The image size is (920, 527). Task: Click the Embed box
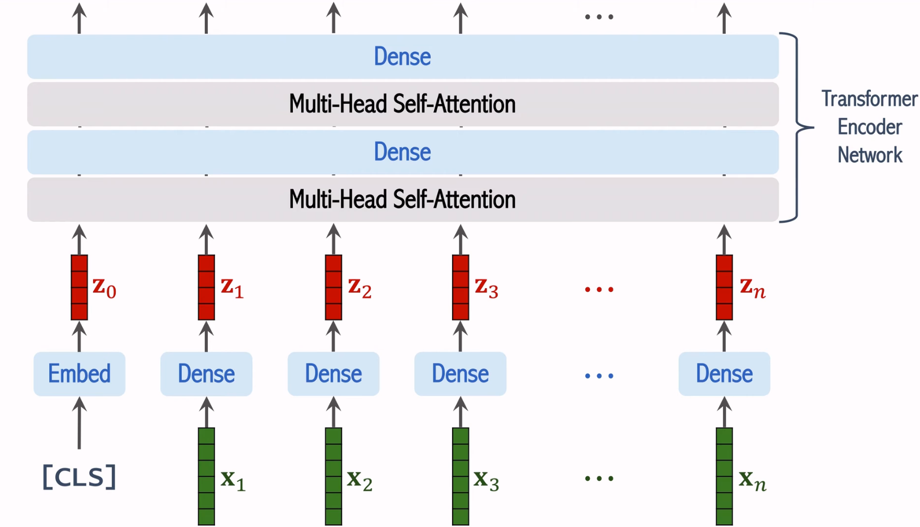(x=79, y=374)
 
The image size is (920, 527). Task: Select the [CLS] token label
(x=79, y=477)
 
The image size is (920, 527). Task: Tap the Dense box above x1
(x=206, y=374)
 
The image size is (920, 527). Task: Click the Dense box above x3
(x=460, y=374)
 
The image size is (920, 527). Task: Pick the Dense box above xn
(x=724, y=374)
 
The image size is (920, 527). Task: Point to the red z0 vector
(x=79, y=287)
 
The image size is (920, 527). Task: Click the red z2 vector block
(x=333, y=287)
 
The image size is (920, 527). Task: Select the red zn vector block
(x=724, y=287)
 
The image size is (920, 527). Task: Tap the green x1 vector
(x=206, y=476)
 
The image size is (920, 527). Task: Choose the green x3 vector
(x=460, y=476)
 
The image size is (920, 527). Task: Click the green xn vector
(x=724, y=476)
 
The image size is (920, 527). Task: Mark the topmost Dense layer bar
(x=402, y=56)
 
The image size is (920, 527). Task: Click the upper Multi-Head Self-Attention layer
(x=402, y=104)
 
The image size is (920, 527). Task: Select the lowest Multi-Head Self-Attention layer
(x=402, y=200)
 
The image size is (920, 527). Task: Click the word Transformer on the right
(x=869, y=99)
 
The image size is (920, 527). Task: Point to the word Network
(x=869, y=155)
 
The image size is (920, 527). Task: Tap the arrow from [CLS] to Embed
(x=79, y=423)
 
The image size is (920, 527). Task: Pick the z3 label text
(x=486, y=288)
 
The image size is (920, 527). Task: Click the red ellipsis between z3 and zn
(x=599, y=289)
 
